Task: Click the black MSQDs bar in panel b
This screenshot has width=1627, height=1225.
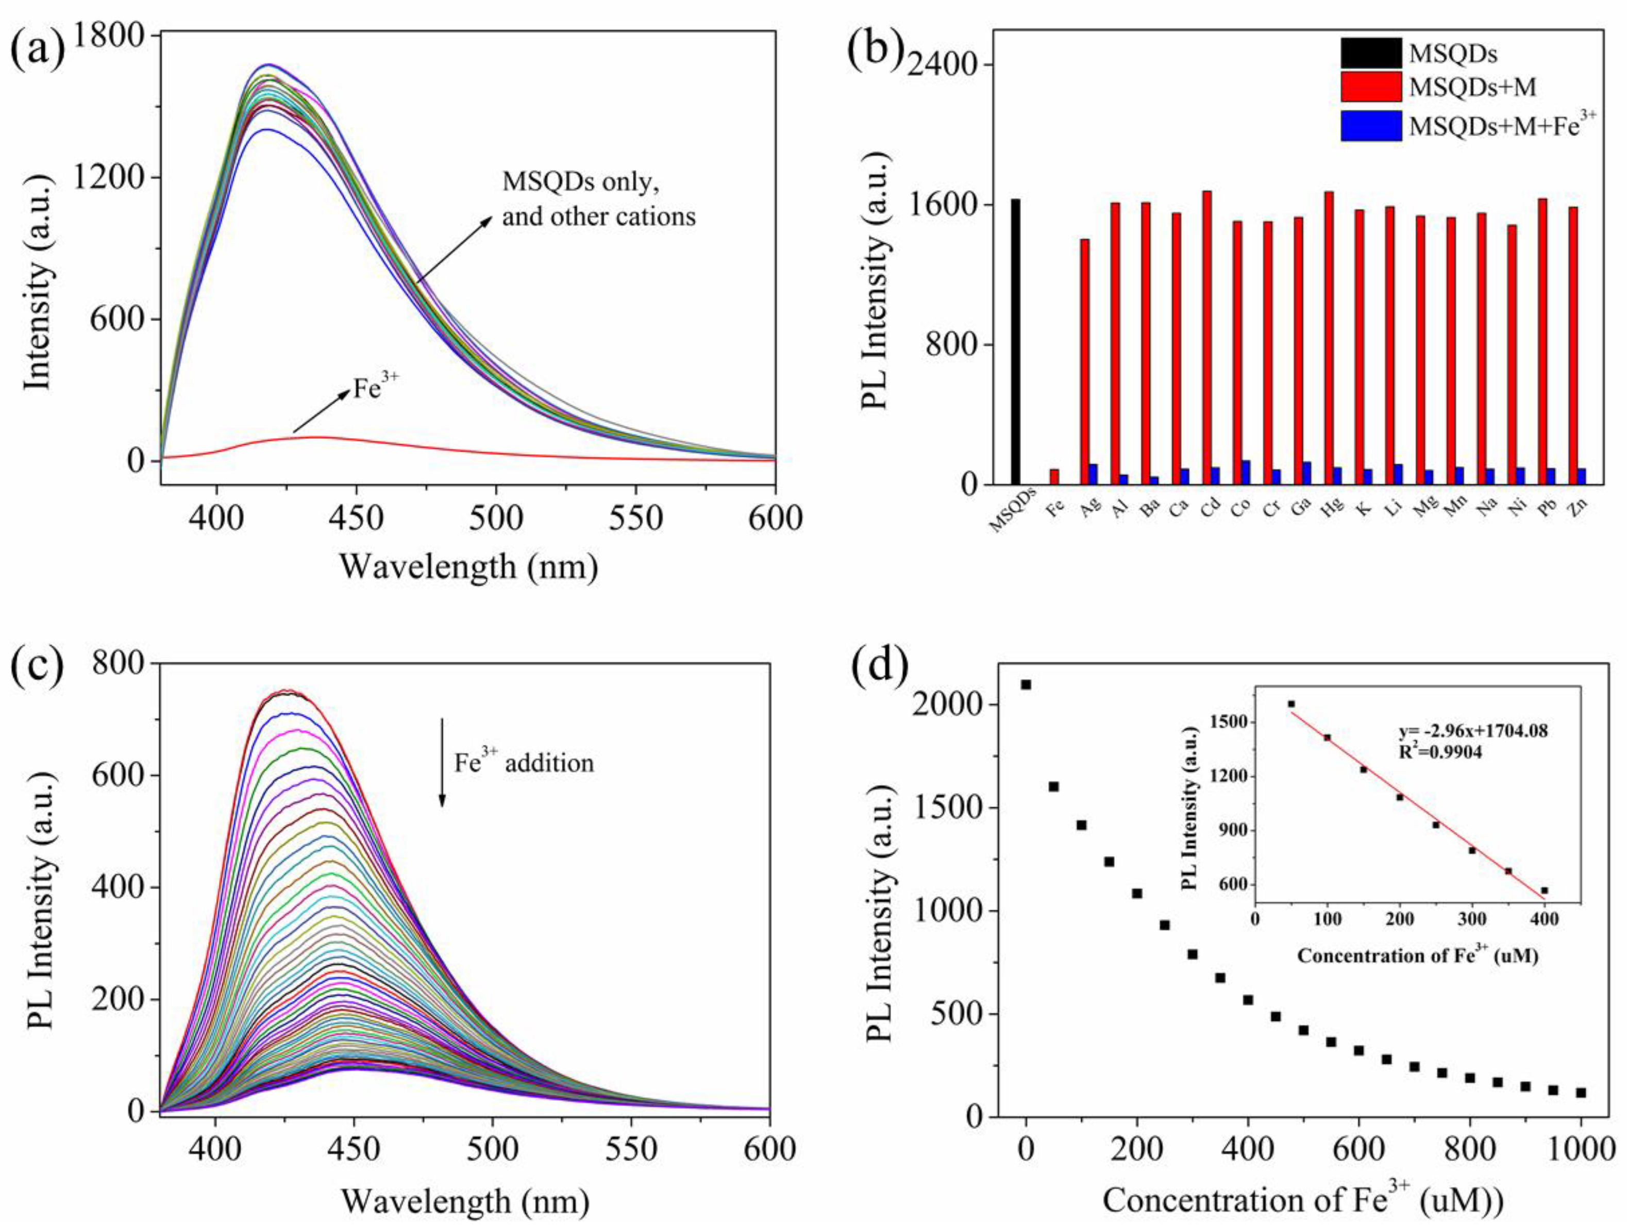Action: (1016, 342)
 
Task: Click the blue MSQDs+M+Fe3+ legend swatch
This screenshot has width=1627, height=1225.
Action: (1370, 126)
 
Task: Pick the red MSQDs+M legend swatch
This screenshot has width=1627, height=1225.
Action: (1370, 87)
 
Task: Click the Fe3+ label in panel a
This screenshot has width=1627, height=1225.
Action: (376, 387)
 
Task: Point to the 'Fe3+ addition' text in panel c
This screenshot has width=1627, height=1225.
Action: (523, 762)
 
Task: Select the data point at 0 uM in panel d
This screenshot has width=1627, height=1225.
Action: (1026, 684)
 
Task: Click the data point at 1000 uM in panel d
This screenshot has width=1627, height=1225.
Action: (1581, 1093)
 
